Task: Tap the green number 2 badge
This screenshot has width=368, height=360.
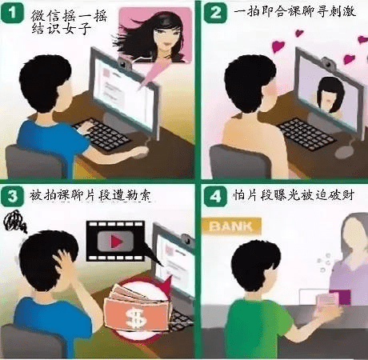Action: click(215, 12)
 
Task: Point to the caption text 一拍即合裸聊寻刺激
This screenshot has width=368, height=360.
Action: click(292, 13)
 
